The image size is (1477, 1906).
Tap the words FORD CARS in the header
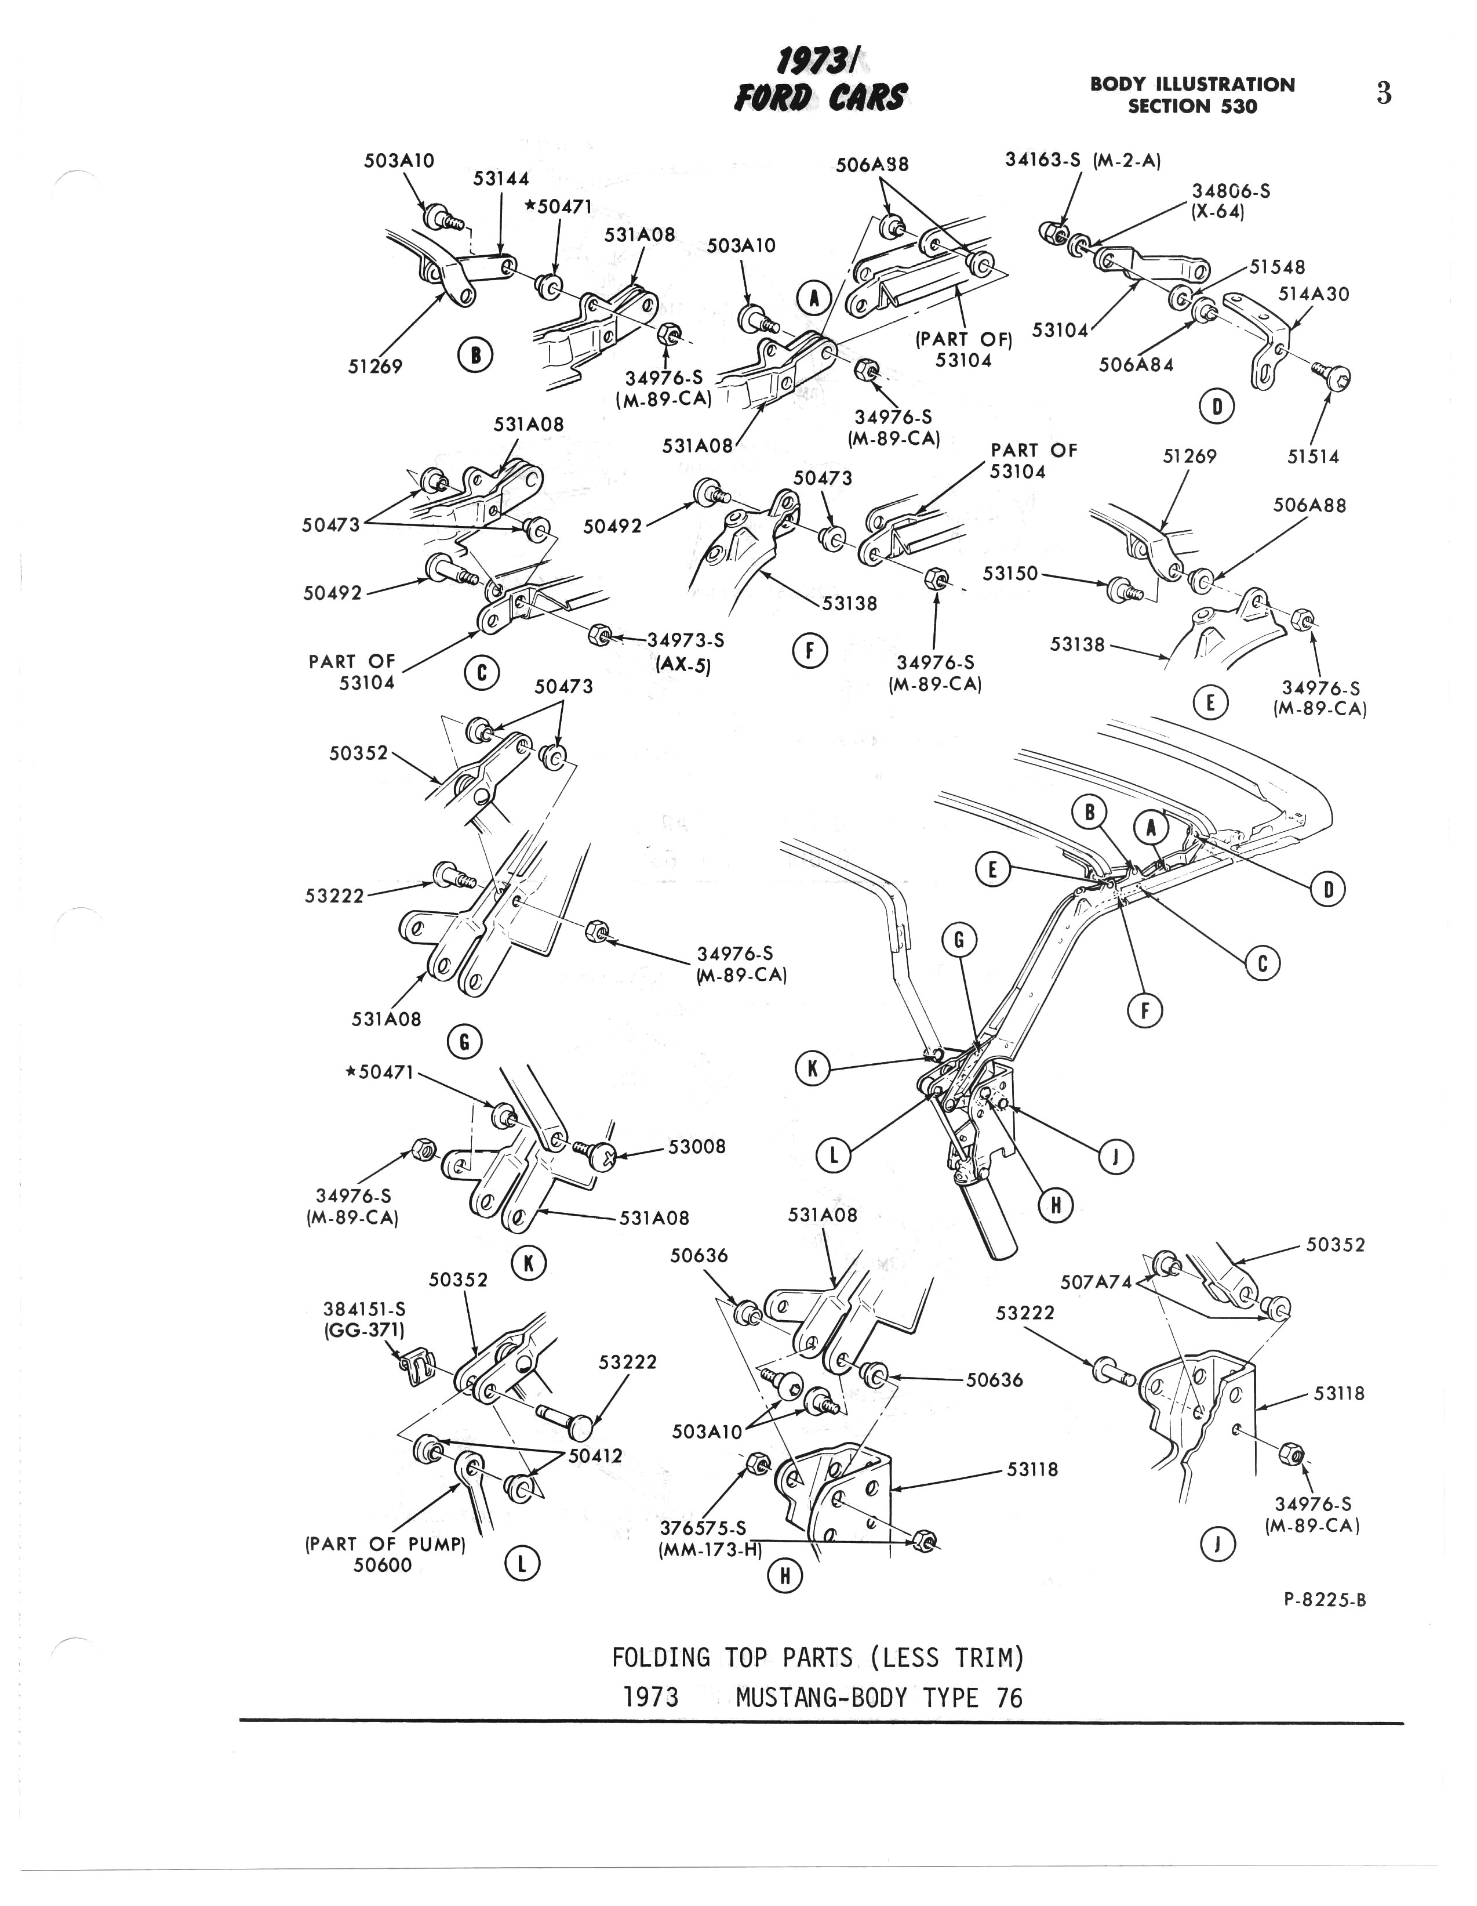tap(820, 97)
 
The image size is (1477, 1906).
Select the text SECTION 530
tap(1192, 107)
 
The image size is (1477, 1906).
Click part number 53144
tap(501, 179)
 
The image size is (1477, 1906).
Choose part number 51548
tap(1277, 267)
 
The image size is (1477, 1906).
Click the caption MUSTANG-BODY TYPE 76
tap(879, 1697)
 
